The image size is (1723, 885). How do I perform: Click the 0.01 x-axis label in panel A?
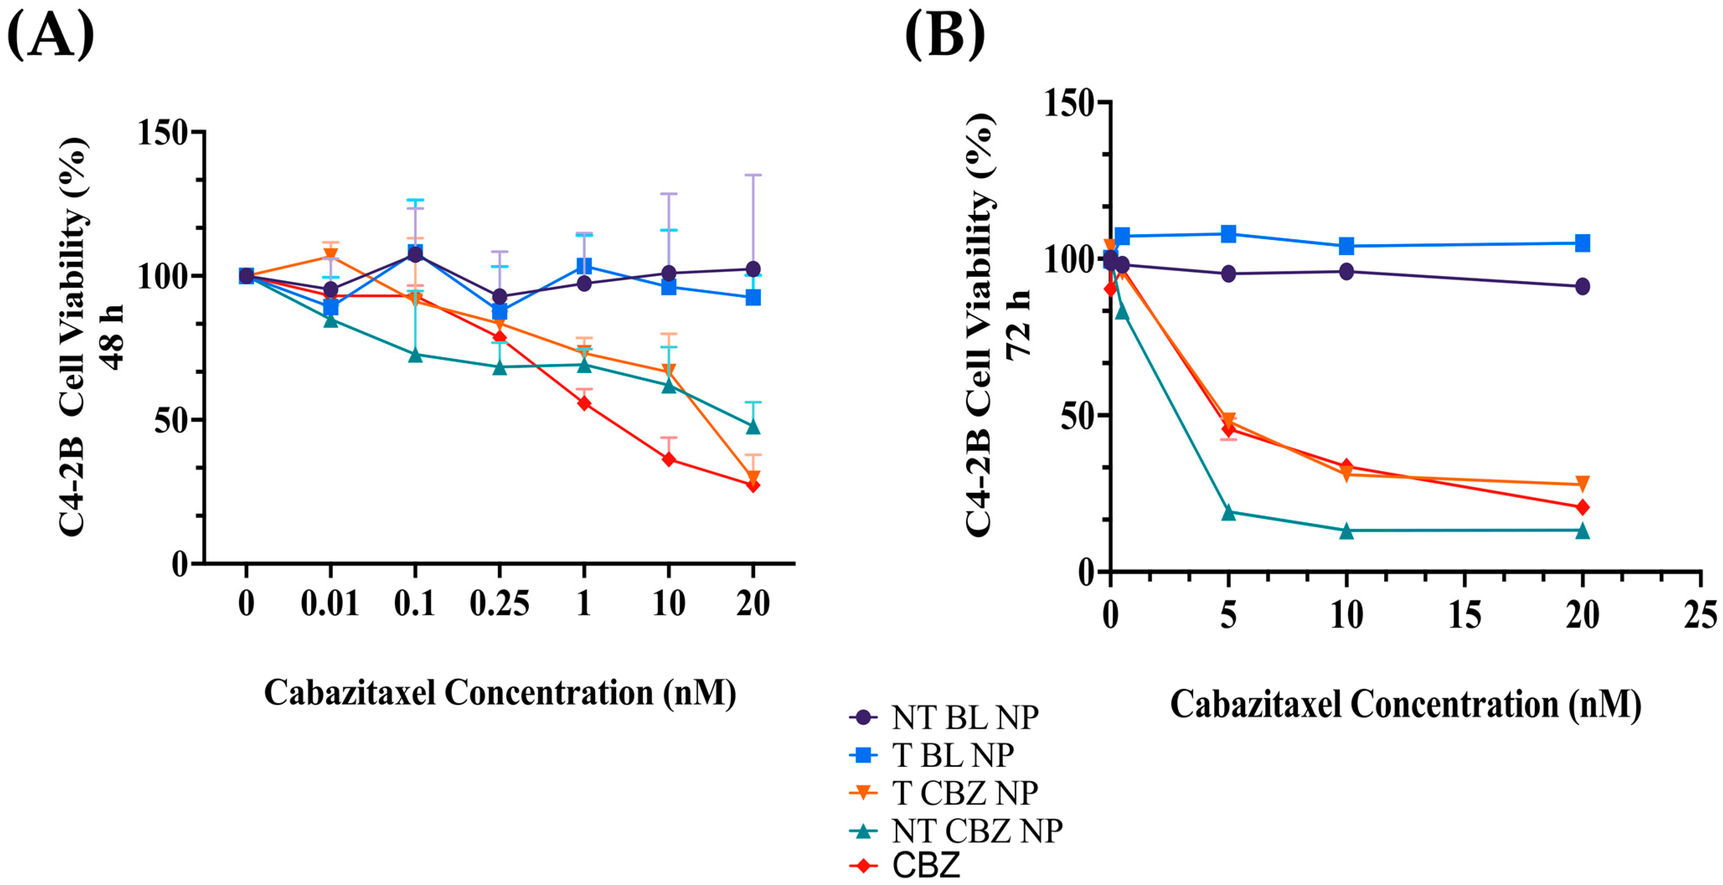point(330,604)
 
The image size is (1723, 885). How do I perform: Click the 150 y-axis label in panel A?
point(162,132)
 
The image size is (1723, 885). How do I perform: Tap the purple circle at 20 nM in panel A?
point(753,269)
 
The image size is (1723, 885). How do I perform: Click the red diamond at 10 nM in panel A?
point(668,459)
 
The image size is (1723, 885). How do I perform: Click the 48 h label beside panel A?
point(111,336)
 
